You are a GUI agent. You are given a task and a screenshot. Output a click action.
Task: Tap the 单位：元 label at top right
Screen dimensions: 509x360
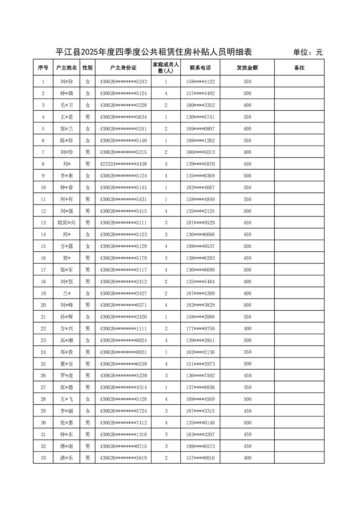(x=308, y=53)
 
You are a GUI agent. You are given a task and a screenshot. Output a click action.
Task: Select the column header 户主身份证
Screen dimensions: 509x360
(x=123, y=68)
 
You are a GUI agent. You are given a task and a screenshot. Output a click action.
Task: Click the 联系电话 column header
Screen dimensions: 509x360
(x=200, y=68)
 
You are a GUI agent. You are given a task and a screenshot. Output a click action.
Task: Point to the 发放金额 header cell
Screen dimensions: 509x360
(x=247, y=68)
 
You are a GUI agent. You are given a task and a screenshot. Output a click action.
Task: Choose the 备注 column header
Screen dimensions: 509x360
(x=299, y=68)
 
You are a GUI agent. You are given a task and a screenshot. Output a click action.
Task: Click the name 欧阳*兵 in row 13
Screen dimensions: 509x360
(x=67, y=223)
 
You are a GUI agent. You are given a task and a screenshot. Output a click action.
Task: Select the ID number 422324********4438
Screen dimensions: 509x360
(x=123, y=164)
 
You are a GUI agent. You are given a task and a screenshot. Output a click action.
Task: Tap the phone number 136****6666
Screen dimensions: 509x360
(x=200, y=235)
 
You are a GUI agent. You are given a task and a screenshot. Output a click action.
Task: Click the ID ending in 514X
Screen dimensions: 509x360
(x=123, y=187)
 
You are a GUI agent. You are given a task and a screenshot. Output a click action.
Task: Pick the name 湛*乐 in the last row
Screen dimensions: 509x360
(x=67, y=458)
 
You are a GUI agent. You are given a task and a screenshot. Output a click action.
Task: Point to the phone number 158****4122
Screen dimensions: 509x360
(x=200, y=82)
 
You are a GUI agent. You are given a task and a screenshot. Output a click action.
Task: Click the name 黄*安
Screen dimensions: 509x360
(x=67, y=364)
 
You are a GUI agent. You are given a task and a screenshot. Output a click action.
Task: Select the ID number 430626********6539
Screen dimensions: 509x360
(x=123, y=364)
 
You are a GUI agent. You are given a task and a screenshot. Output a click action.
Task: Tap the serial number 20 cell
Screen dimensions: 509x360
(x=43, y=305)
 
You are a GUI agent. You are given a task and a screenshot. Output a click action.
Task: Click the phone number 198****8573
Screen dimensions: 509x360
(x=200, y=446)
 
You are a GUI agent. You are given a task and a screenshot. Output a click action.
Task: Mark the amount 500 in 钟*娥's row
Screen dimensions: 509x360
(x=247, y=93)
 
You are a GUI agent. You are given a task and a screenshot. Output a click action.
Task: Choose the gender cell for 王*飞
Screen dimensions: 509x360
(x=88, y=399)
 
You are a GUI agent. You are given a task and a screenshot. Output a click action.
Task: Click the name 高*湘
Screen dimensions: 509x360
(x=67, y=340)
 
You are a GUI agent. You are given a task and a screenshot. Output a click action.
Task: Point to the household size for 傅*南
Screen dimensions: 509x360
(x=166, y=446)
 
